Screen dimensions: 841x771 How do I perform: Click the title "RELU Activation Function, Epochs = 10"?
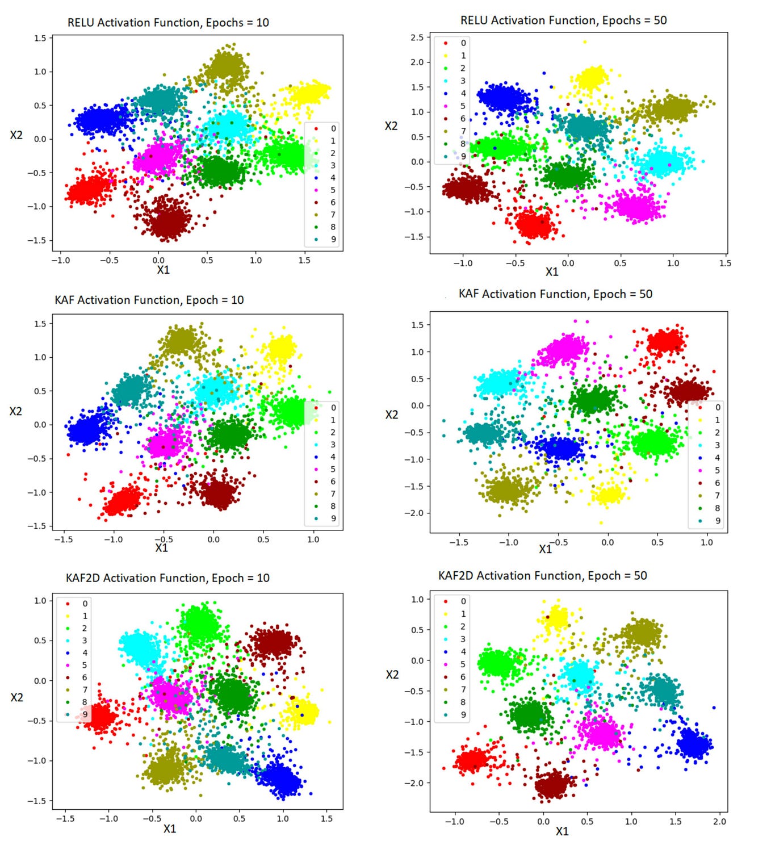168,23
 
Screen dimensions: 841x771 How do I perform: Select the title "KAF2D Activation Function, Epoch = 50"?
542,576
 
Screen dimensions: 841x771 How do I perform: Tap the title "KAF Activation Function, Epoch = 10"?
149,300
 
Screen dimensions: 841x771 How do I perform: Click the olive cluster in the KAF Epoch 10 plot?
181,341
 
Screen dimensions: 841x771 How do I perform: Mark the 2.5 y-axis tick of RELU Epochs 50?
417,37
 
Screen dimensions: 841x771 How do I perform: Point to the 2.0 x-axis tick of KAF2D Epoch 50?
719,821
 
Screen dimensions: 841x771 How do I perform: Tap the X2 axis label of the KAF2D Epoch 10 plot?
16,697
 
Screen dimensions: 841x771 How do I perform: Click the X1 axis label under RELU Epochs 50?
552,272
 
